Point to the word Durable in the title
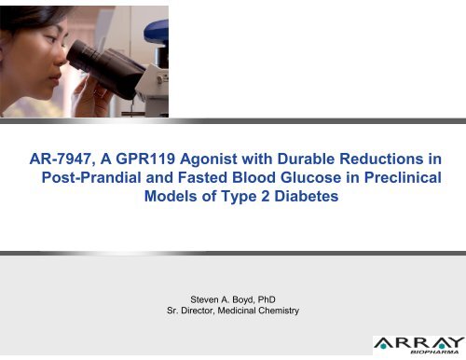coord(303,159)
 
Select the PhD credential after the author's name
coord(262,297)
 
